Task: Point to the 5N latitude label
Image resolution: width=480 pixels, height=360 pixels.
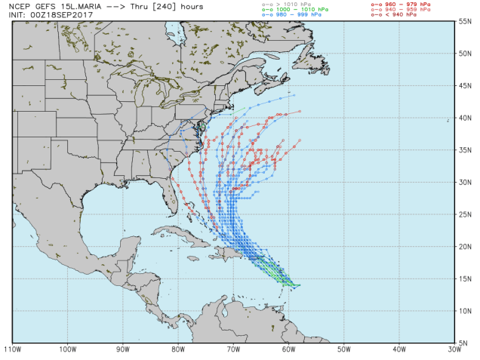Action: tap(466, 342)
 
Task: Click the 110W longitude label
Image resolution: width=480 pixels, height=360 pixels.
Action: tap(11, 349)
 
